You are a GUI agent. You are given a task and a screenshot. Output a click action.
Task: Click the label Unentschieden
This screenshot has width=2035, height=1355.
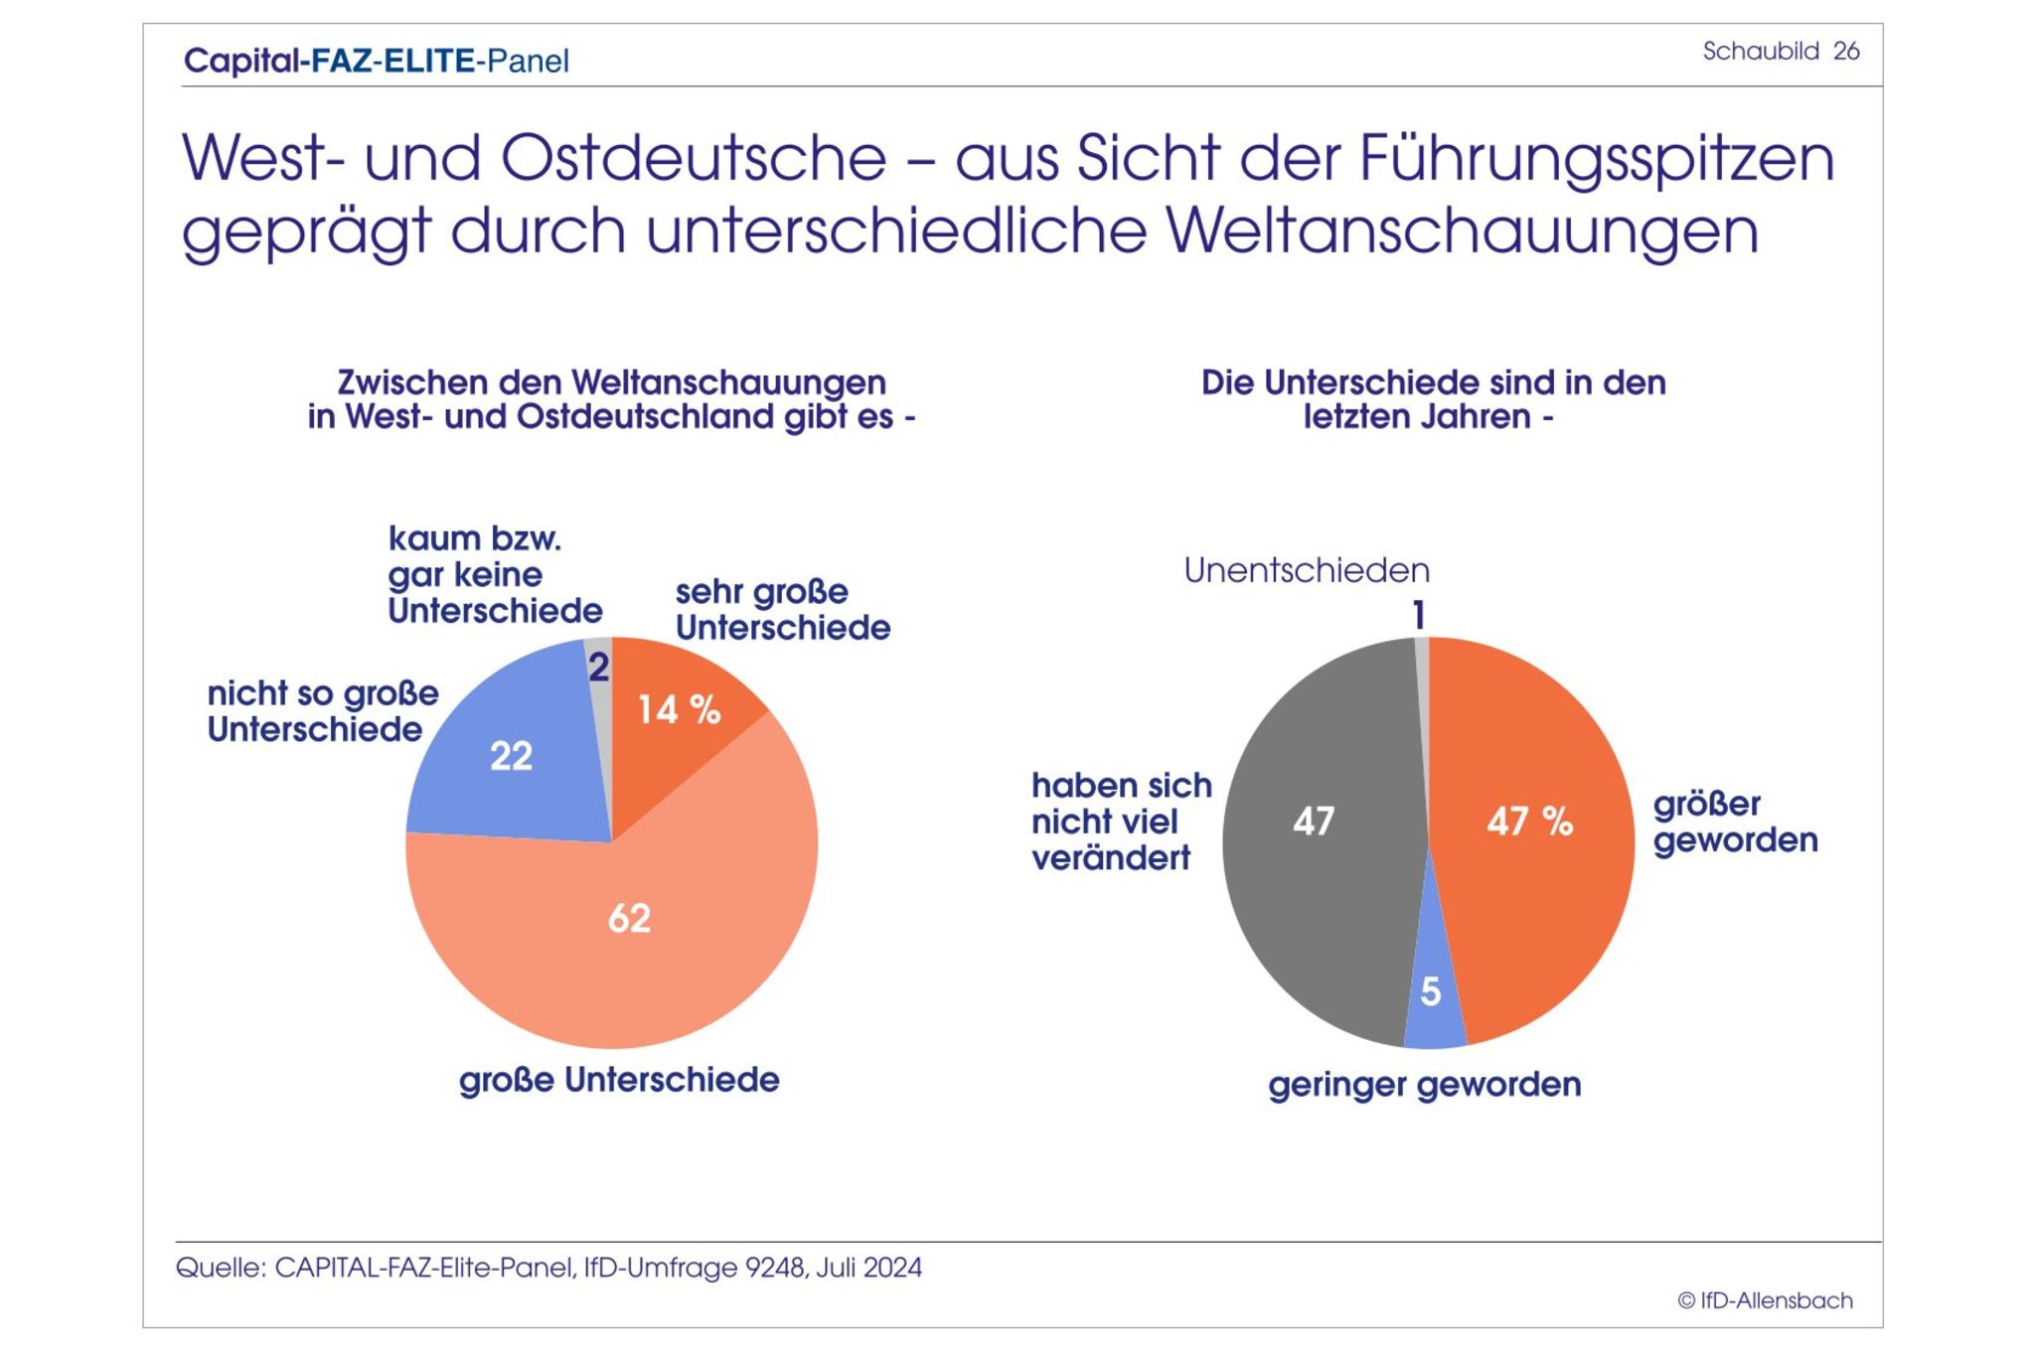pyautogui.click(x=1307, y=570)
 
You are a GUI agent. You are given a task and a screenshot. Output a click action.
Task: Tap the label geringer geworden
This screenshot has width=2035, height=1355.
pyautogui.click(x=1424, y=1085)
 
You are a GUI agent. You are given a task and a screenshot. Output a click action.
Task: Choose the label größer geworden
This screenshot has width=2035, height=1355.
pyautogui.click(x=1735, y=822)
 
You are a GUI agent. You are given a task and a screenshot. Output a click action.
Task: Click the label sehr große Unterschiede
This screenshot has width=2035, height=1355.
pyautogui.click(x=782, y=609)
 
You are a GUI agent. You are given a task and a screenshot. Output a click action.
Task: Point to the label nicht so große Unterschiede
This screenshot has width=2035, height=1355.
pyautogui.click(x=322, y=711)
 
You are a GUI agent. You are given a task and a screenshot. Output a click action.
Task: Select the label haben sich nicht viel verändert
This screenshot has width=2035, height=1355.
pyautogui.click(x=1121, y=822)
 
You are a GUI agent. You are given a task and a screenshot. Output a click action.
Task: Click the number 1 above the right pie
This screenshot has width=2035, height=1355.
pyautogui.click(x=1420, y=616)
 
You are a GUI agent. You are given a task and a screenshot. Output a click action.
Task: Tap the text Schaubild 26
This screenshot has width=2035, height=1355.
pyautogui.click(x=1781, y=51)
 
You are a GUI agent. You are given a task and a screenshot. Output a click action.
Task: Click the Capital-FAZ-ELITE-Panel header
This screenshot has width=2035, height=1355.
pyautogui.click(x=377, y=61)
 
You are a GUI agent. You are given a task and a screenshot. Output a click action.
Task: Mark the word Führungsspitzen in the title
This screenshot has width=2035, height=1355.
pyautogui.click(x=1596, y=159)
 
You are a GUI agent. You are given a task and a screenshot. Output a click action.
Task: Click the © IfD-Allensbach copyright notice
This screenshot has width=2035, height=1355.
pyautogui.click(x=1765, y=1300)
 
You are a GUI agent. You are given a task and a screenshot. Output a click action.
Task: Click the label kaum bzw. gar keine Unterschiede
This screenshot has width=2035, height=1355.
pyautogui.click(x=494, y=574)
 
